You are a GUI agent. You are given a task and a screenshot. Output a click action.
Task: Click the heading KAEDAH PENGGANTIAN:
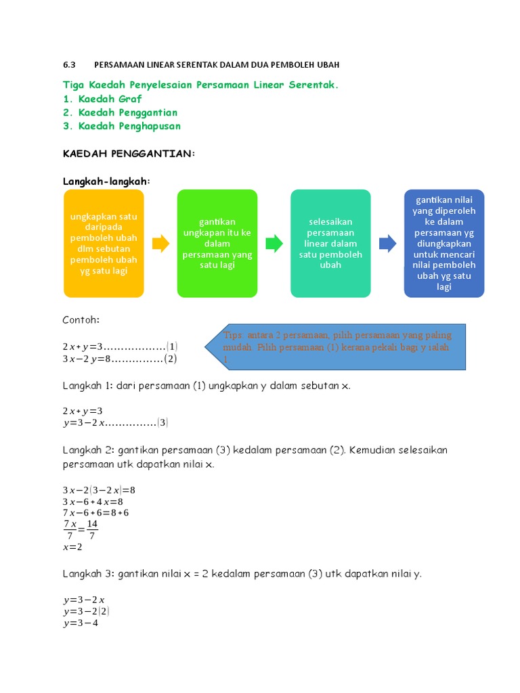[x=129, y=154]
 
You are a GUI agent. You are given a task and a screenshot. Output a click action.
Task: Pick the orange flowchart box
[x=104, y=243]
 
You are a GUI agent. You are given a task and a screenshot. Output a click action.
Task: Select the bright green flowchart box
[x=217, y=243]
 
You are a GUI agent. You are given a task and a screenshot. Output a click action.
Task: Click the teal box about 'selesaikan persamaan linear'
[x=330, y=243]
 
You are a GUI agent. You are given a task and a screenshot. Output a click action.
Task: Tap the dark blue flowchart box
[x=444, y=243]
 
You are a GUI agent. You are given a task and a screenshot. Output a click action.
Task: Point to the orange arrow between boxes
[x=160, y=244]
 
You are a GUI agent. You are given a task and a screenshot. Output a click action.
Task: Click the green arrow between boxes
[x=274, y=244]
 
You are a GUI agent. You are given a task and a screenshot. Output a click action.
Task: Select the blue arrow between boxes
[x=388, y=244]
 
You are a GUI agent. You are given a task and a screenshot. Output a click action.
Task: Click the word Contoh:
[x=81, y=319]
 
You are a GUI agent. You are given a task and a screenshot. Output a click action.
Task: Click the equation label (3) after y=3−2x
[x=162, y=423]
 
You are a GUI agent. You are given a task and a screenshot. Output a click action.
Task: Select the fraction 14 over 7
[x=92, y=530]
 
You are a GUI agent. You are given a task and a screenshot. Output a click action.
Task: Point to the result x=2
[x=72, y=547]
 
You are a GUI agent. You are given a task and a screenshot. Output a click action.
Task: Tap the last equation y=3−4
[x=81, y=623]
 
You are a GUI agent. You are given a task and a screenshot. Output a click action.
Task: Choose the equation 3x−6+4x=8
[x=93, y=501]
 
